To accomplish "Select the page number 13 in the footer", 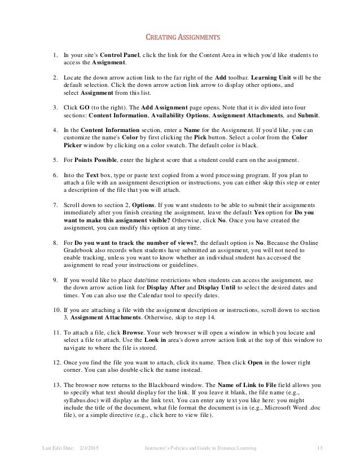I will (x=319, y=449).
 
